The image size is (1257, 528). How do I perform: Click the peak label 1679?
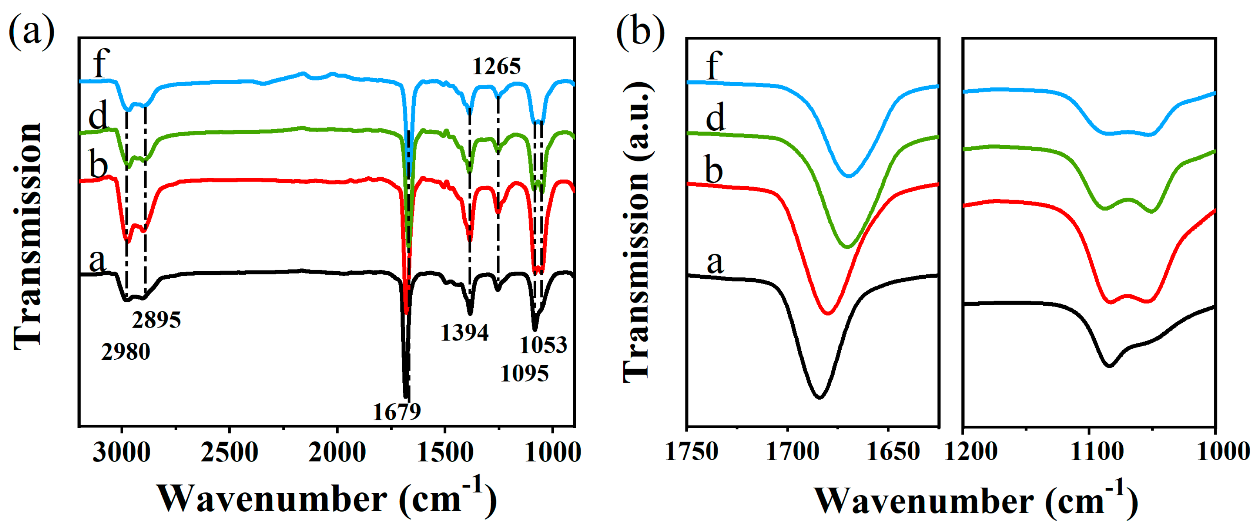(x=396, y=413)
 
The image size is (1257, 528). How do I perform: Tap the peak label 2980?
(x=126, y=352)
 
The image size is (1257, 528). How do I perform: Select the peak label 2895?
(x=156, y=320)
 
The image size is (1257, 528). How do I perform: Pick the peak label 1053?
(x=543, y=345)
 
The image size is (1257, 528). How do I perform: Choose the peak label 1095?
(x=525, y=374)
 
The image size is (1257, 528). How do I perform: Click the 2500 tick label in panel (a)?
(x=229, y=452)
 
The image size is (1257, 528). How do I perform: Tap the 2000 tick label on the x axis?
(x=337, y=452)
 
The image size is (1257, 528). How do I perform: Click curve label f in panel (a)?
(x=100, y=63)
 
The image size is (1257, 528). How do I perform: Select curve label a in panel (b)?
(x=715, y=262)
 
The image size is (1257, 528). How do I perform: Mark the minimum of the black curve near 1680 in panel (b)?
(x=820, y=398)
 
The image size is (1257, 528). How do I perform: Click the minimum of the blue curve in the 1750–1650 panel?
(x=849, y=176)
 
